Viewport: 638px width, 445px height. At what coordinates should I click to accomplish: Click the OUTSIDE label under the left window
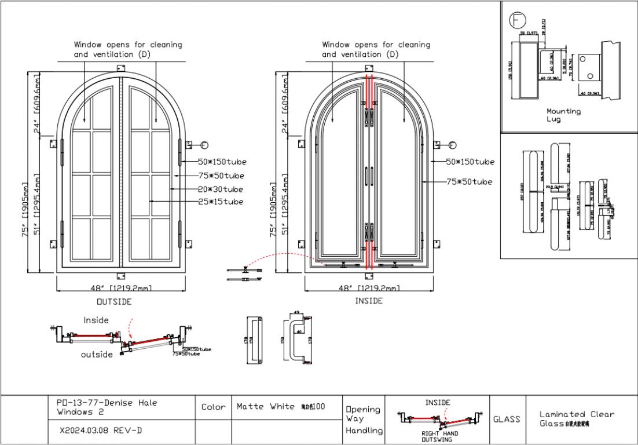pos(113,301)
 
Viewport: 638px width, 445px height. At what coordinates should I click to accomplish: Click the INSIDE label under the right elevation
pos(369,301)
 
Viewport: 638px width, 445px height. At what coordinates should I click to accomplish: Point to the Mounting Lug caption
pos(563,115)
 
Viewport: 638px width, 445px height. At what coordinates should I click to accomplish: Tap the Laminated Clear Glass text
pos(577,418)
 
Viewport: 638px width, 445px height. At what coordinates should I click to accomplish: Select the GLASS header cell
pos(507,419)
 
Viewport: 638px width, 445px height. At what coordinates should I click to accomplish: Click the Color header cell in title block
pos(213,407)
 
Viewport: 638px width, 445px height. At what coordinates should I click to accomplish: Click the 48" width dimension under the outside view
pos(121,288)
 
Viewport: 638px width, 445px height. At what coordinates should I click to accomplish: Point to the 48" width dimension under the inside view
pos(369,288)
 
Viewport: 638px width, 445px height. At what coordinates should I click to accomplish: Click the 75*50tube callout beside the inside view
pos(470,182)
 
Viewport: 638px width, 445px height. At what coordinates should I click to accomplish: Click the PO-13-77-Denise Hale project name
pos(107,407)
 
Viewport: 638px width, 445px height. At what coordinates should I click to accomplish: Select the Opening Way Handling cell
pos(364,420)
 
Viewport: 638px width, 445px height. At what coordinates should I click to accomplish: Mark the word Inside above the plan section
pos(96,320)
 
